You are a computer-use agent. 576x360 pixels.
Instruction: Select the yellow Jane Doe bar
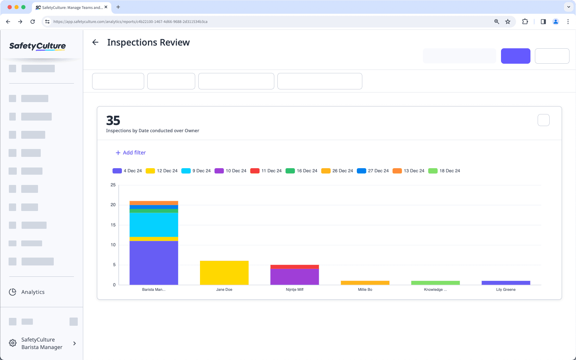point(224,273)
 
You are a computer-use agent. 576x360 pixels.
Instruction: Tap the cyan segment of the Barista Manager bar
point(154,225)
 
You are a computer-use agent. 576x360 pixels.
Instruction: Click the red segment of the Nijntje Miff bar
point(295,267)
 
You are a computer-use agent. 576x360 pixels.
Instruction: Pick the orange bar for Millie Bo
point(365,283)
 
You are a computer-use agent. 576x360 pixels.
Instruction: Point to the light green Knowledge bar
point(435,283)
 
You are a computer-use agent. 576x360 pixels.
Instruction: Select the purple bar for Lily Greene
point(506,283)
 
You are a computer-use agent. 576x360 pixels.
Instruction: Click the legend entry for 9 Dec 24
point(196,171)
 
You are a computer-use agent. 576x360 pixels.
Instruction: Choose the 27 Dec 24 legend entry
point(373,171)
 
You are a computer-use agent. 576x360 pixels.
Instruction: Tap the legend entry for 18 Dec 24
point(444,171)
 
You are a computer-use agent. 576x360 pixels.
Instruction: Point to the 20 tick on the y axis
point(113,205)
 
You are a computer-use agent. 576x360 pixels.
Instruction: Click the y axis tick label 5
point(114,265)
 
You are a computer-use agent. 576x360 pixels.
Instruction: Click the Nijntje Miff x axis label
point(295,290)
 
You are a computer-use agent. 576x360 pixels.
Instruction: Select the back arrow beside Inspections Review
point(96,42)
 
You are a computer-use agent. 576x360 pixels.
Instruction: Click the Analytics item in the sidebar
point(33,292)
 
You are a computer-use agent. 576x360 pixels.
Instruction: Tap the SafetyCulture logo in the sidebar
point(38,46)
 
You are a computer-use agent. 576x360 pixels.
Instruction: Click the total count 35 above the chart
point(113,121)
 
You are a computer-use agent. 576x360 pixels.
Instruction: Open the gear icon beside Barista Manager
point(13,343)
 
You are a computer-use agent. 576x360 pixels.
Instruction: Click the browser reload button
point(33,22)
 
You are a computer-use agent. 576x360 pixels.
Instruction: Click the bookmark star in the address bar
point(508,22)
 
